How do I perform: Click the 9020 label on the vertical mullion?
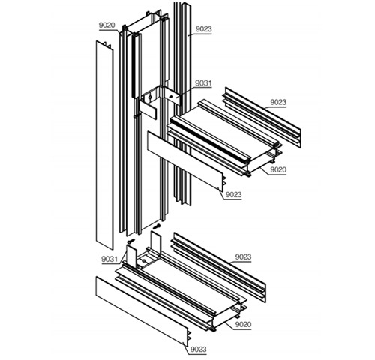coord(106,25)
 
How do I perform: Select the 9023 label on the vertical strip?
coord(204,29)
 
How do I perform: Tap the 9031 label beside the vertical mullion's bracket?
coord(203,83)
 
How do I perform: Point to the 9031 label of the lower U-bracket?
coord(109,259)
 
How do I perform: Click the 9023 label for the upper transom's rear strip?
coord(278,102)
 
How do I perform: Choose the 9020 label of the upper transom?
coord(278,169)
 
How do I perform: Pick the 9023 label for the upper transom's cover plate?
coord(234,194)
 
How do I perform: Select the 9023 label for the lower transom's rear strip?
coord(243,257)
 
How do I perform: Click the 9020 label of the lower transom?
coord(243,325)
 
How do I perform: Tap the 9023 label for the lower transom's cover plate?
coord(199,349)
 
